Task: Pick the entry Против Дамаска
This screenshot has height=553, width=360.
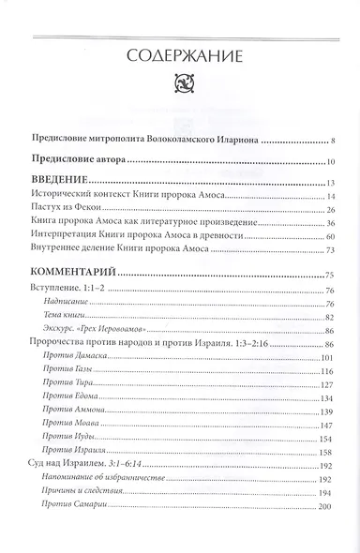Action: click(x=78, y=359)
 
